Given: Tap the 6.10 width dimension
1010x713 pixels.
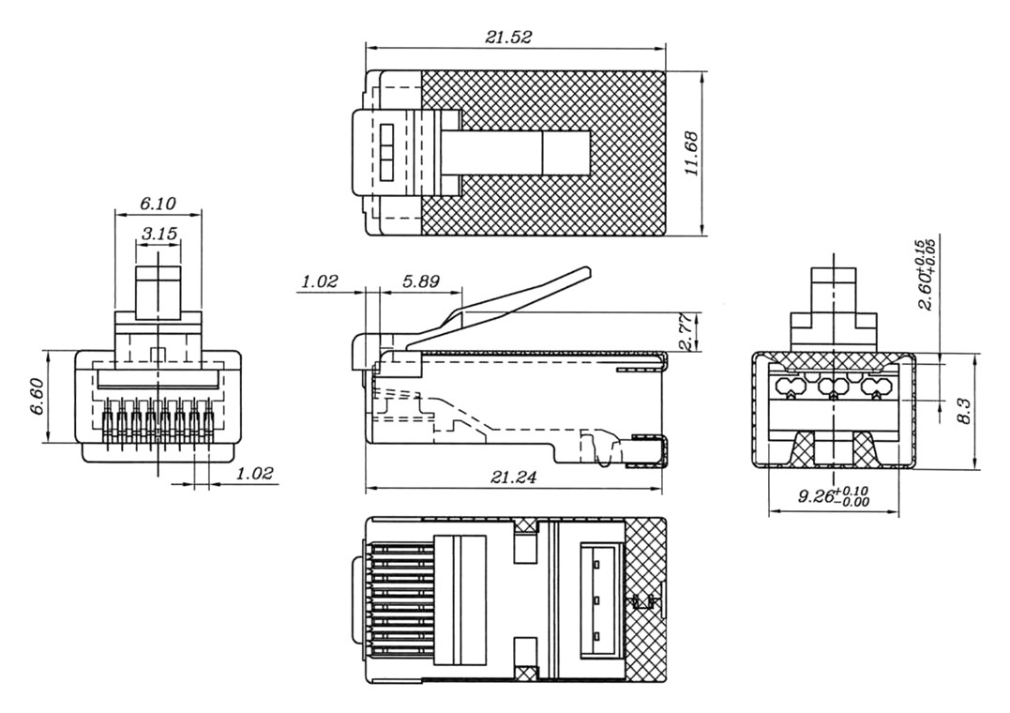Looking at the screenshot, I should coord(158,203).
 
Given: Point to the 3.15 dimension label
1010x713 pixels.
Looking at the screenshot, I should coord(158,233).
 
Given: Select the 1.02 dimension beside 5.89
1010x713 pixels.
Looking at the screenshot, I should coord(319,281).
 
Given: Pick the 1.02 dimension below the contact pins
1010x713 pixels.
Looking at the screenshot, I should coord(253,474).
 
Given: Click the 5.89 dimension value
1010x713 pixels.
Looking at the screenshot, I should coord(419,281).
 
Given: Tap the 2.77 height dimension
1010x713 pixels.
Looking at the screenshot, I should coord(686,332).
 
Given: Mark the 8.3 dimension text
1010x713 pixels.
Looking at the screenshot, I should coord(963,411).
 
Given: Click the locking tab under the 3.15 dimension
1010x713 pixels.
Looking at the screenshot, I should coord(158,293).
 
